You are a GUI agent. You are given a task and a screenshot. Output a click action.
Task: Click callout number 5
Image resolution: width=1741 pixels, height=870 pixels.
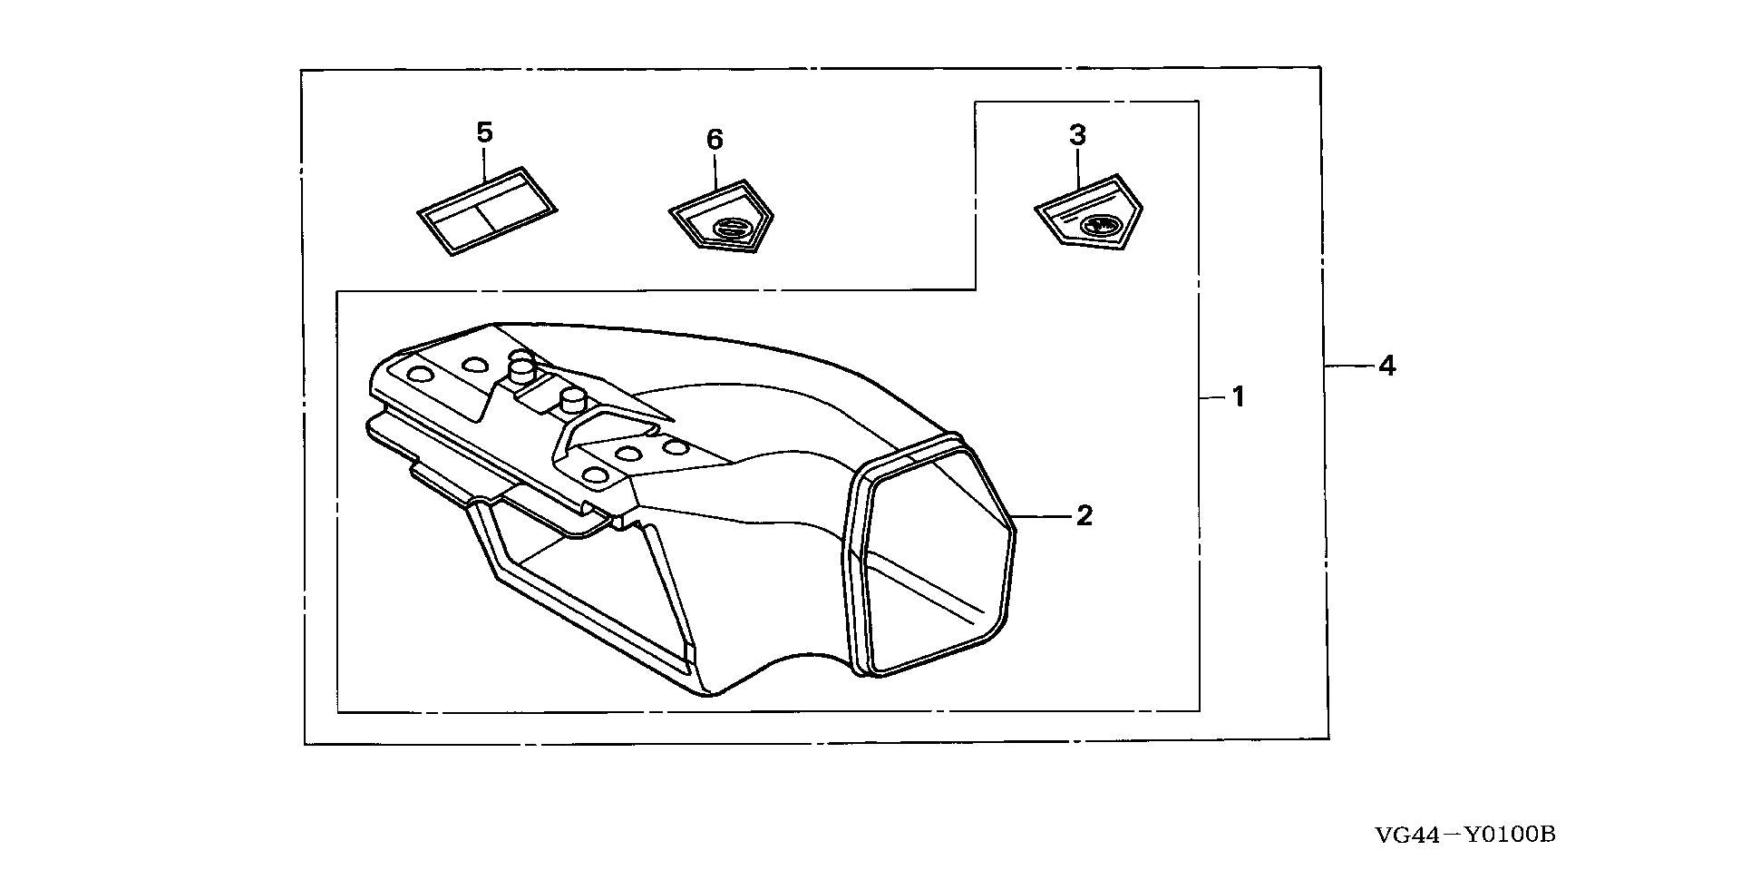coord(484,132)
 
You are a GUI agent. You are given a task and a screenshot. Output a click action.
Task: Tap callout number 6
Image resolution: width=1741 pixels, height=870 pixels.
coord(715,140)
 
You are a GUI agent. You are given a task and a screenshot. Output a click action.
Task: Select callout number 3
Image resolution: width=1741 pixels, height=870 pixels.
coord(1077,135)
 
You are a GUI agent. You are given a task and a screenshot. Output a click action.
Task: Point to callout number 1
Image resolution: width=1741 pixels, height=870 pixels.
coord(1238,396)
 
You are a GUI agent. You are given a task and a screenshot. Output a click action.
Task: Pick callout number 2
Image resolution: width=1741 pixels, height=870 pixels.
coord(1084,515)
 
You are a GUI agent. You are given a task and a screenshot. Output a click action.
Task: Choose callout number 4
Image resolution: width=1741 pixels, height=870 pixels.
coord(1387,366)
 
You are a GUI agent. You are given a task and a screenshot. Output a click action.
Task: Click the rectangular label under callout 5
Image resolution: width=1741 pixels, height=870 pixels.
coord(487,211)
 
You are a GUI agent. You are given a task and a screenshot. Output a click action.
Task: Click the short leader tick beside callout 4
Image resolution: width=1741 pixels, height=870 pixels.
coord(1348,366)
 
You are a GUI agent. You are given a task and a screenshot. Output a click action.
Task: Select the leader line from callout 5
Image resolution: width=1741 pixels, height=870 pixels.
coord(485,163)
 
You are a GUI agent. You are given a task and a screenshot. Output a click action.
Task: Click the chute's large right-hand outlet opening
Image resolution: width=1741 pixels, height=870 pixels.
coord(934,555)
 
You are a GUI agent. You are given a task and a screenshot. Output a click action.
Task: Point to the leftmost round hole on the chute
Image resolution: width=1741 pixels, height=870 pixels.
coord(421,375)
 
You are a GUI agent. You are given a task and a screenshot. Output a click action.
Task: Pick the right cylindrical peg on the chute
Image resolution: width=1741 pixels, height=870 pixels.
coord(572,401)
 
